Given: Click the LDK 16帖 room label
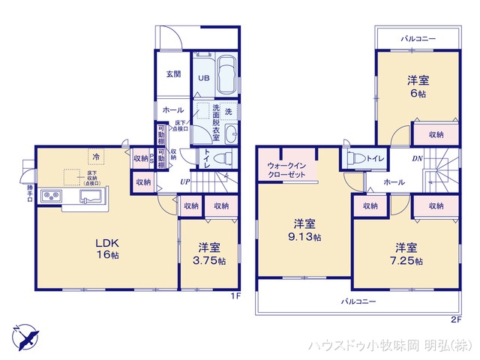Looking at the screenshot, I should coord(106,248).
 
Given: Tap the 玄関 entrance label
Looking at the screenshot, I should coord(173,73).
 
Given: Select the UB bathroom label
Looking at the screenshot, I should coord(203,76).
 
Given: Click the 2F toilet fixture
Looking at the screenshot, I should coord(355,158).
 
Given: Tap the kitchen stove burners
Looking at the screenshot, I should coord(52,196).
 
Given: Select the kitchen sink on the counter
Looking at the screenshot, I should coord(91,197).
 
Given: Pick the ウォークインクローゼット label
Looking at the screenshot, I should coord(288,169).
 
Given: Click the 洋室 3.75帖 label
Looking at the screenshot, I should coord(209,253).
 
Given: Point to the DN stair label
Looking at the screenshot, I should coord(418,158).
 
